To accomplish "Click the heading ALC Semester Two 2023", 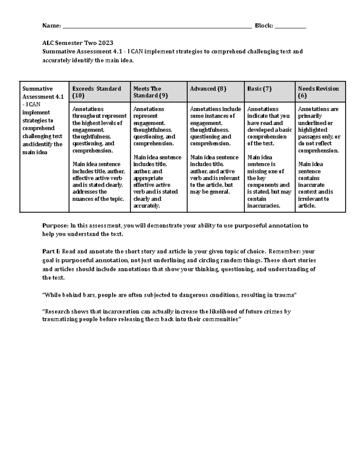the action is [x=78, y=43].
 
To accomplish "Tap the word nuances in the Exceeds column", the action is [x=83, y=199].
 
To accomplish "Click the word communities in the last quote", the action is [x=220, y=319].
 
